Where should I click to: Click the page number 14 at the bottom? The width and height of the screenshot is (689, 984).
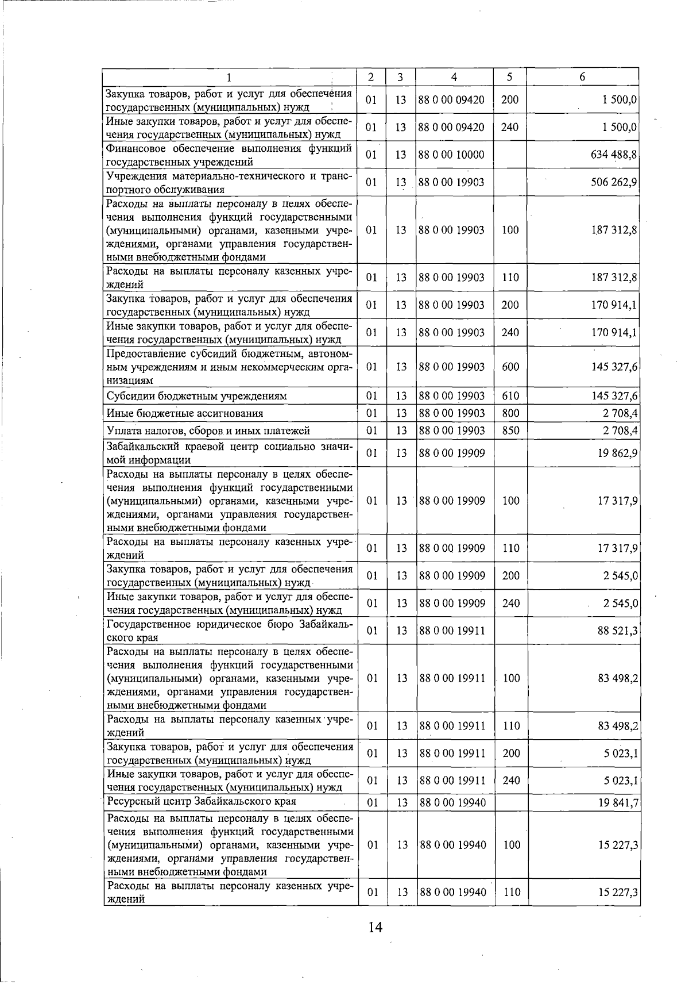(x=376, y=927)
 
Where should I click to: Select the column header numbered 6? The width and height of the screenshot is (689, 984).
(x=582, y=77)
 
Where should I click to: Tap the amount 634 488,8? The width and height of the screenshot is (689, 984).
(x=614, y=155)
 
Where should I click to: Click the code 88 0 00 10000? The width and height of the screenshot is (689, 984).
(x=451, y=155)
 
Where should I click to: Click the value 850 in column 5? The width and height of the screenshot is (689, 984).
(x=510, y=430)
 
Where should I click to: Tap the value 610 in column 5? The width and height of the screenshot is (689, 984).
(x=510, y=396)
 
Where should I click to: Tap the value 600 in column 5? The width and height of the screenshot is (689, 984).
(x=510, y=367)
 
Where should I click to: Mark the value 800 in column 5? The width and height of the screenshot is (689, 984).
(x=510, y=413)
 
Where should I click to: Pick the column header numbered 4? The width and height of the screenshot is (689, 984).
(x=454, y=77)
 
